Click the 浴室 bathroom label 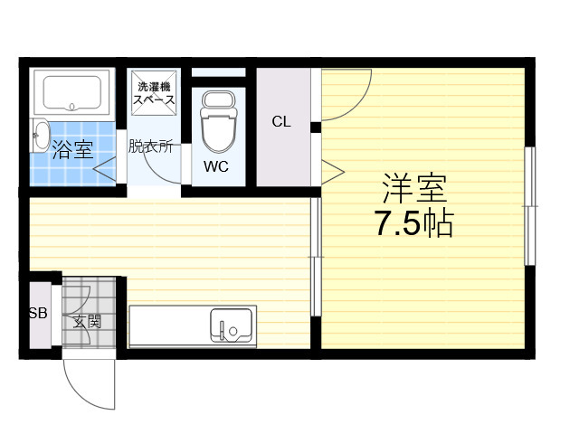click(72, 150)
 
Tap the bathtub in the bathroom click(72, 92)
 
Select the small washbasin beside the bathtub click(40, 135)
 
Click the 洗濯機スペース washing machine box click(154, 92)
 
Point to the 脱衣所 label click(151, 146)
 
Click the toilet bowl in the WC click(218, 122)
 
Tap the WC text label click(216, 166)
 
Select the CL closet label click(281, 121)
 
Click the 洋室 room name click(414, 189)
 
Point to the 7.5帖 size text click(414, 223)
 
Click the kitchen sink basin click(232, 325)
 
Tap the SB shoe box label click(38, 314)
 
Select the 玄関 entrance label click(87, 322)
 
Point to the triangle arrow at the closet click(333, 172)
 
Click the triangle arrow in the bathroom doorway click(105, 169)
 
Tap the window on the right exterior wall click(530, 206)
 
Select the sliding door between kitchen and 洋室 click(316, 257)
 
